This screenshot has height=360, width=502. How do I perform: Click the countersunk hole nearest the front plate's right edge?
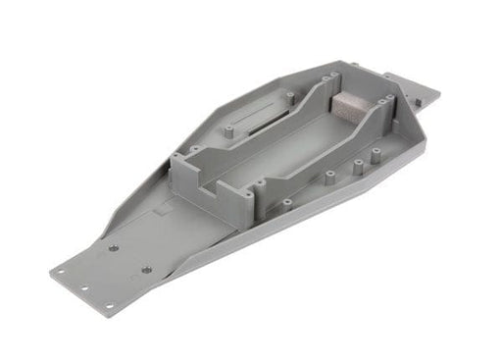[x=146, y=268]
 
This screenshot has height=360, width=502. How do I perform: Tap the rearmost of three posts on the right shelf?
[x=376, y=153]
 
